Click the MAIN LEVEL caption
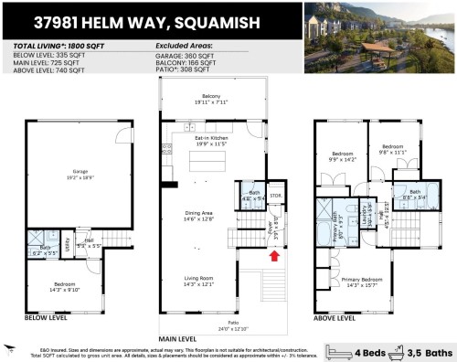(179, 336)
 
